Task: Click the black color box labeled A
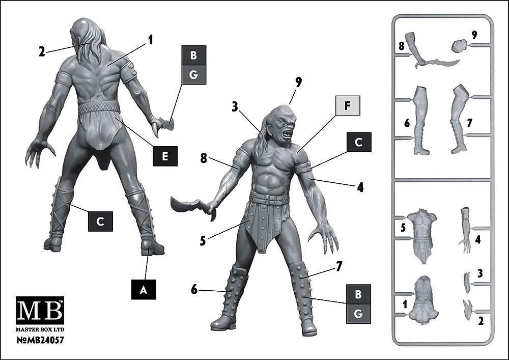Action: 144,289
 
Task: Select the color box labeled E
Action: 165,156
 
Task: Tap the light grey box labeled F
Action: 348,105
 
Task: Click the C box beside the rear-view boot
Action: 101,221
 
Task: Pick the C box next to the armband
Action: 359,142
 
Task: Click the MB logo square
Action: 40,310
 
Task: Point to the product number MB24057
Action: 40,340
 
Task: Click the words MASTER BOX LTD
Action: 40,329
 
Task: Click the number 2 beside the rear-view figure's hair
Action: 42,51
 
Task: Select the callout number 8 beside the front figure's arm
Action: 204,159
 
